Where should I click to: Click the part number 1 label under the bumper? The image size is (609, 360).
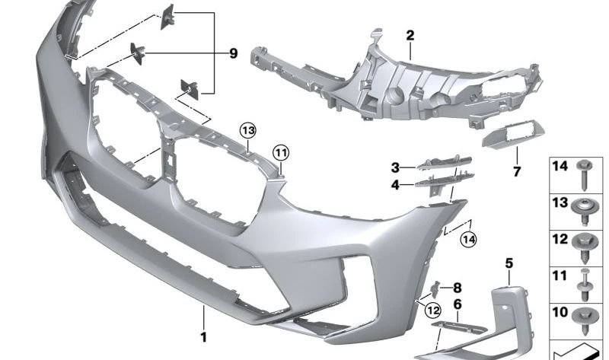pyautogui.click(x=203, y=337)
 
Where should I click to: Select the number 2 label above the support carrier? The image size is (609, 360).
pyautogui.click(x=410, y=36)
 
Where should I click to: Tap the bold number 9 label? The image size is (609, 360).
pyautogui.click(x=233, y=53)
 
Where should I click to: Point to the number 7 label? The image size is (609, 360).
pyautogui.click(x=517, y=171)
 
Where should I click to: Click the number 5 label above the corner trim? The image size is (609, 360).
pyautogui.click(x=509, y=263)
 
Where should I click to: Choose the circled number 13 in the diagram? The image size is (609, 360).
pyautogui.click(x=248, y=131)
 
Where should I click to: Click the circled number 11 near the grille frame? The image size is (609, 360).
pyautogui.click(x=281, y=153)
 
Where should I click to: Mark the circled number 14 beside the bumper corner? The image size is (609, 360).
pyautogui.click(x=468, y=239)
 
